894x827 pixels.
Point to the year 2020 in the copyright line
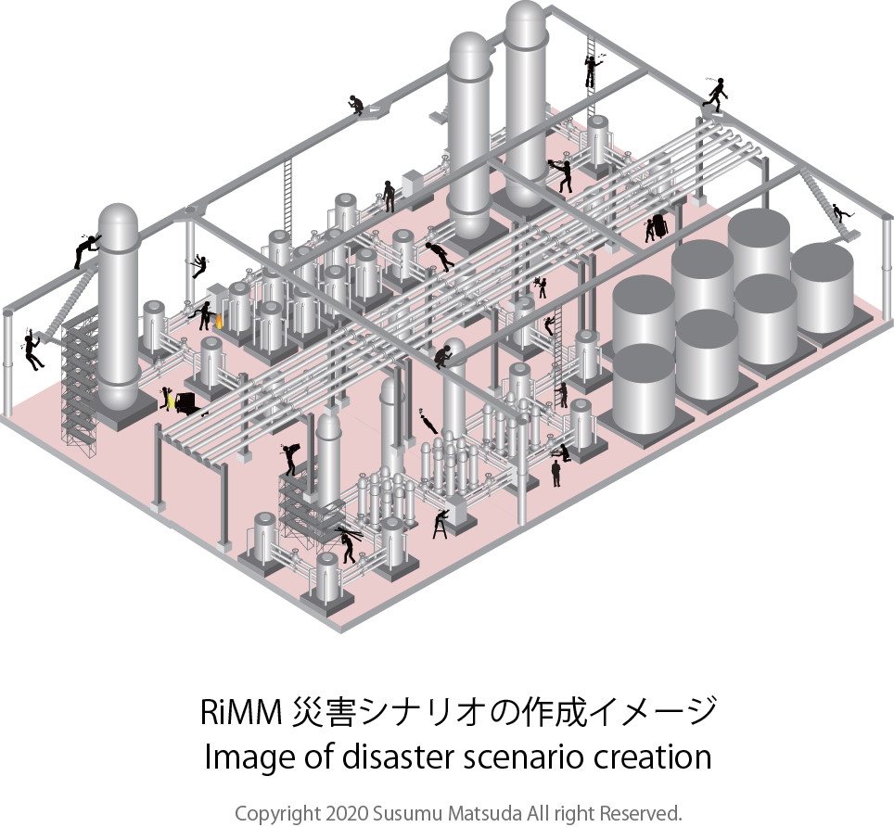[x=345, y=813]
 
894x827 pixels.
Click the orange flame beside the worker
[x=220, y=323]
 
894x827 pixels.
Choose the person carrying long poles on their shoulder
[x=347, y=542]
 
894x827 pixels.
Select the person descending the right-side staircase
[x=839, y=214]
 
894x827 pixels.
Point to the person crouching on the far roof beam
[x=356, y=103]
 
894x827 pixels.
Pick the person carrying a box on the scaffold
[x=292, y=457]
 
